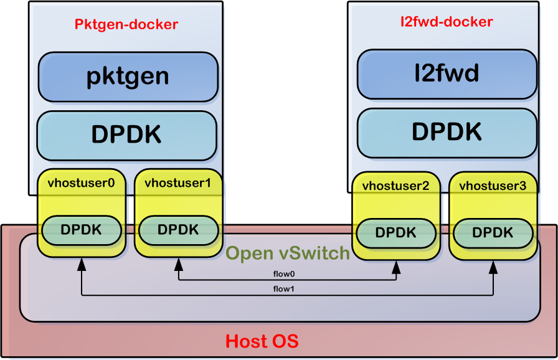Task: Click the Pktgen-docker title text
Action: (x=126, y=25)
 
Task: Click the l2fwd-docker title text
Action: (x=447, y=22)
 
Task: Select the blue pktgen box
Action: (x=128, y=76)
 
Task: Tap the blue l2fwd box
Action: (x=447, y=74)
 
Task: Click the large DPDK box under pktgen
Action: (x=126, y=135)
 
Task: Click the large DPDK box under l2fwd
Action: (x=447, y=132)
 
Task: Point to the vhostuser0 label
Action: (x=81, y=182)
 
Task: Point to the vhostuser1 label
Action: (x=178, y=182)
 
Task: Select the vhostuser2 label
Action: (x=396, y=186)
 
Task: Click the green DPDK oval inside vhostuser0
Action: (x=81, y=230)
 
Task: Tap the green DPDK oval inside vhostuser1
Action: (x=178, y=230)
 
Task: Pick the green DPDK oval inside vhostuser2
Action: (x=396, y=233)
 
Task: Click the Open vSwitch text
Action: (x=288, y=253)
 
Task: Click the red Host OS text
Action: (x=262, y=341)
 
